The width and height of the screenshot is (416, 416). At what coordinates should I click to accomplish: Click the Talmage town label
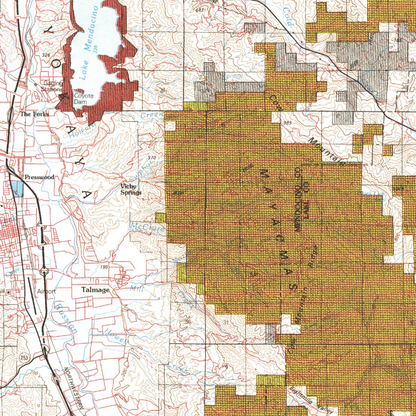coord(95,290)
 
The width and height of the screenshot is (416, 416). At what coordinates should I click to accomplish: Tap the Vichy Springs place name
coord(131,190)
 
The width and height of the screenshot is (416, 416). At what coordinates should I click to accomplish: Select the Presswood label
coord(39,178)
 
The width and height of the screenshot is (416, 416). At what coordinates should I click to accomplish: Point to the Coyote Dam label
coord(83,99)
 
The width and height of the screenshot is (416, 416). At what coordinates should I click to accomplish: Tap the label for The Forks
coord(35,115)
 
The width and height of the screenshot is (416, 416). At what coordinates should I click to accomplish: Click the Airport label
coord(46,291)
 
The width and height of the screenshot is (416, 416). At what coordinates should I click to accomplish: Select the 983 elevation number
coord(288,123)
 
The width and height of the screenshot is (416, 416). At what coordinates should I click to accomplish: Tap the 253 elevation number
coord(24,357)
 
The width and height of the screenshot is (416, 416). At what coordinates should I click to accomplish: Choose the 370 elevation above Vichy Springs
coord(152,158)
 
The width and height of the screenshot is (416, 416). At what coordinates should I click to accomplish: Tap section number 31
coord(226,322)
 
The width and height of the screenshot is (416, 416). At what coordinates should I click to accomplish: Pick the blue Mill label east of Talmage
coord(134,289)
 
